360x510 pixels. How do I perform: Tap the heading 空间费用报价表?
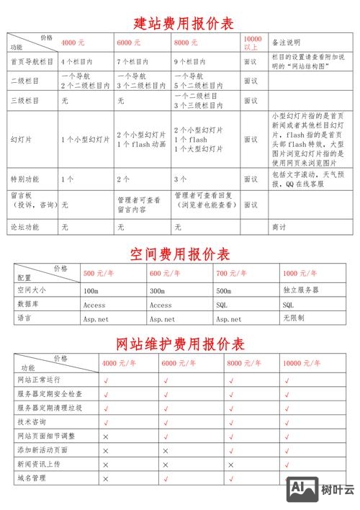coord(180,254)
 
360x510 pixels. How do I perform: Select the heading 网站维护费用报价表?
coord(180,344)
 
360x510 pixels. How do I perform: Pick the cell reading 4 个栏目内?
coord(78,62)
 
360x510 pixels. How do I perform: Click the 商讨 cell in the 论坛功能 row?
coord(278,226)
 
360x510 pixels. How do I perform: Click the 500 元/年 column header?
coord(99,274)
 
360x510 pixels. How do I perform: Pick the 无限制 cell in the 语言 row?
coord(294,318)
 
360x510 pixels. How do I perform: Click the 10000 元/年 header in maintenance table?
coord(302,363)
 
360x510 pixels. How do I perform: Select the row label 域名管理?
coord(32,478)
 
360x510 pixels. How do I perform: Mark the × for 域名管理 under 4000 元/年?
coord(106,478)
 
